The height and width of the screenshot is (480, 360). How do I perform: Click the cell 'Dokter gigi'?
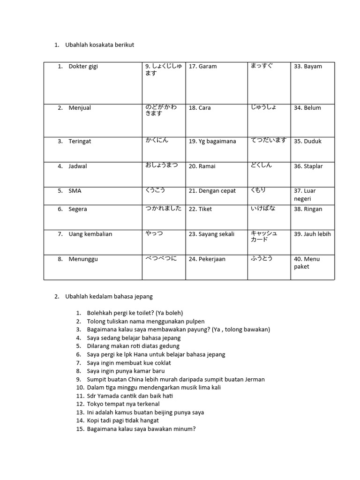83,67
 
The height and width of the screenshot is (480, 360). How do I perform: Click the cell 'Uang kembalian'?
90,234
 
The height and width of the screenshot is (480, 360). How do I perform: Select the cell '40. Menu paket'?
307,263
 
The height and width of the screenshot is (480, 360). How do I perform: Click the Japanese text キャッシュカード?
264,236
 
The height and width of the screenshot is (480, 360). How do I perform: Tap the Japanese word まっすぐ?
262,66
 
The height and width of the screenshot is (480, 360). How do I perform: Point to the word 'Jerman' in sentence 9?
255,380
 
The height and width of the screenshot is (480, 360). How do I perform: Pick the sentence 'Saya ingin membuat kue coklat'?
129,363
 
